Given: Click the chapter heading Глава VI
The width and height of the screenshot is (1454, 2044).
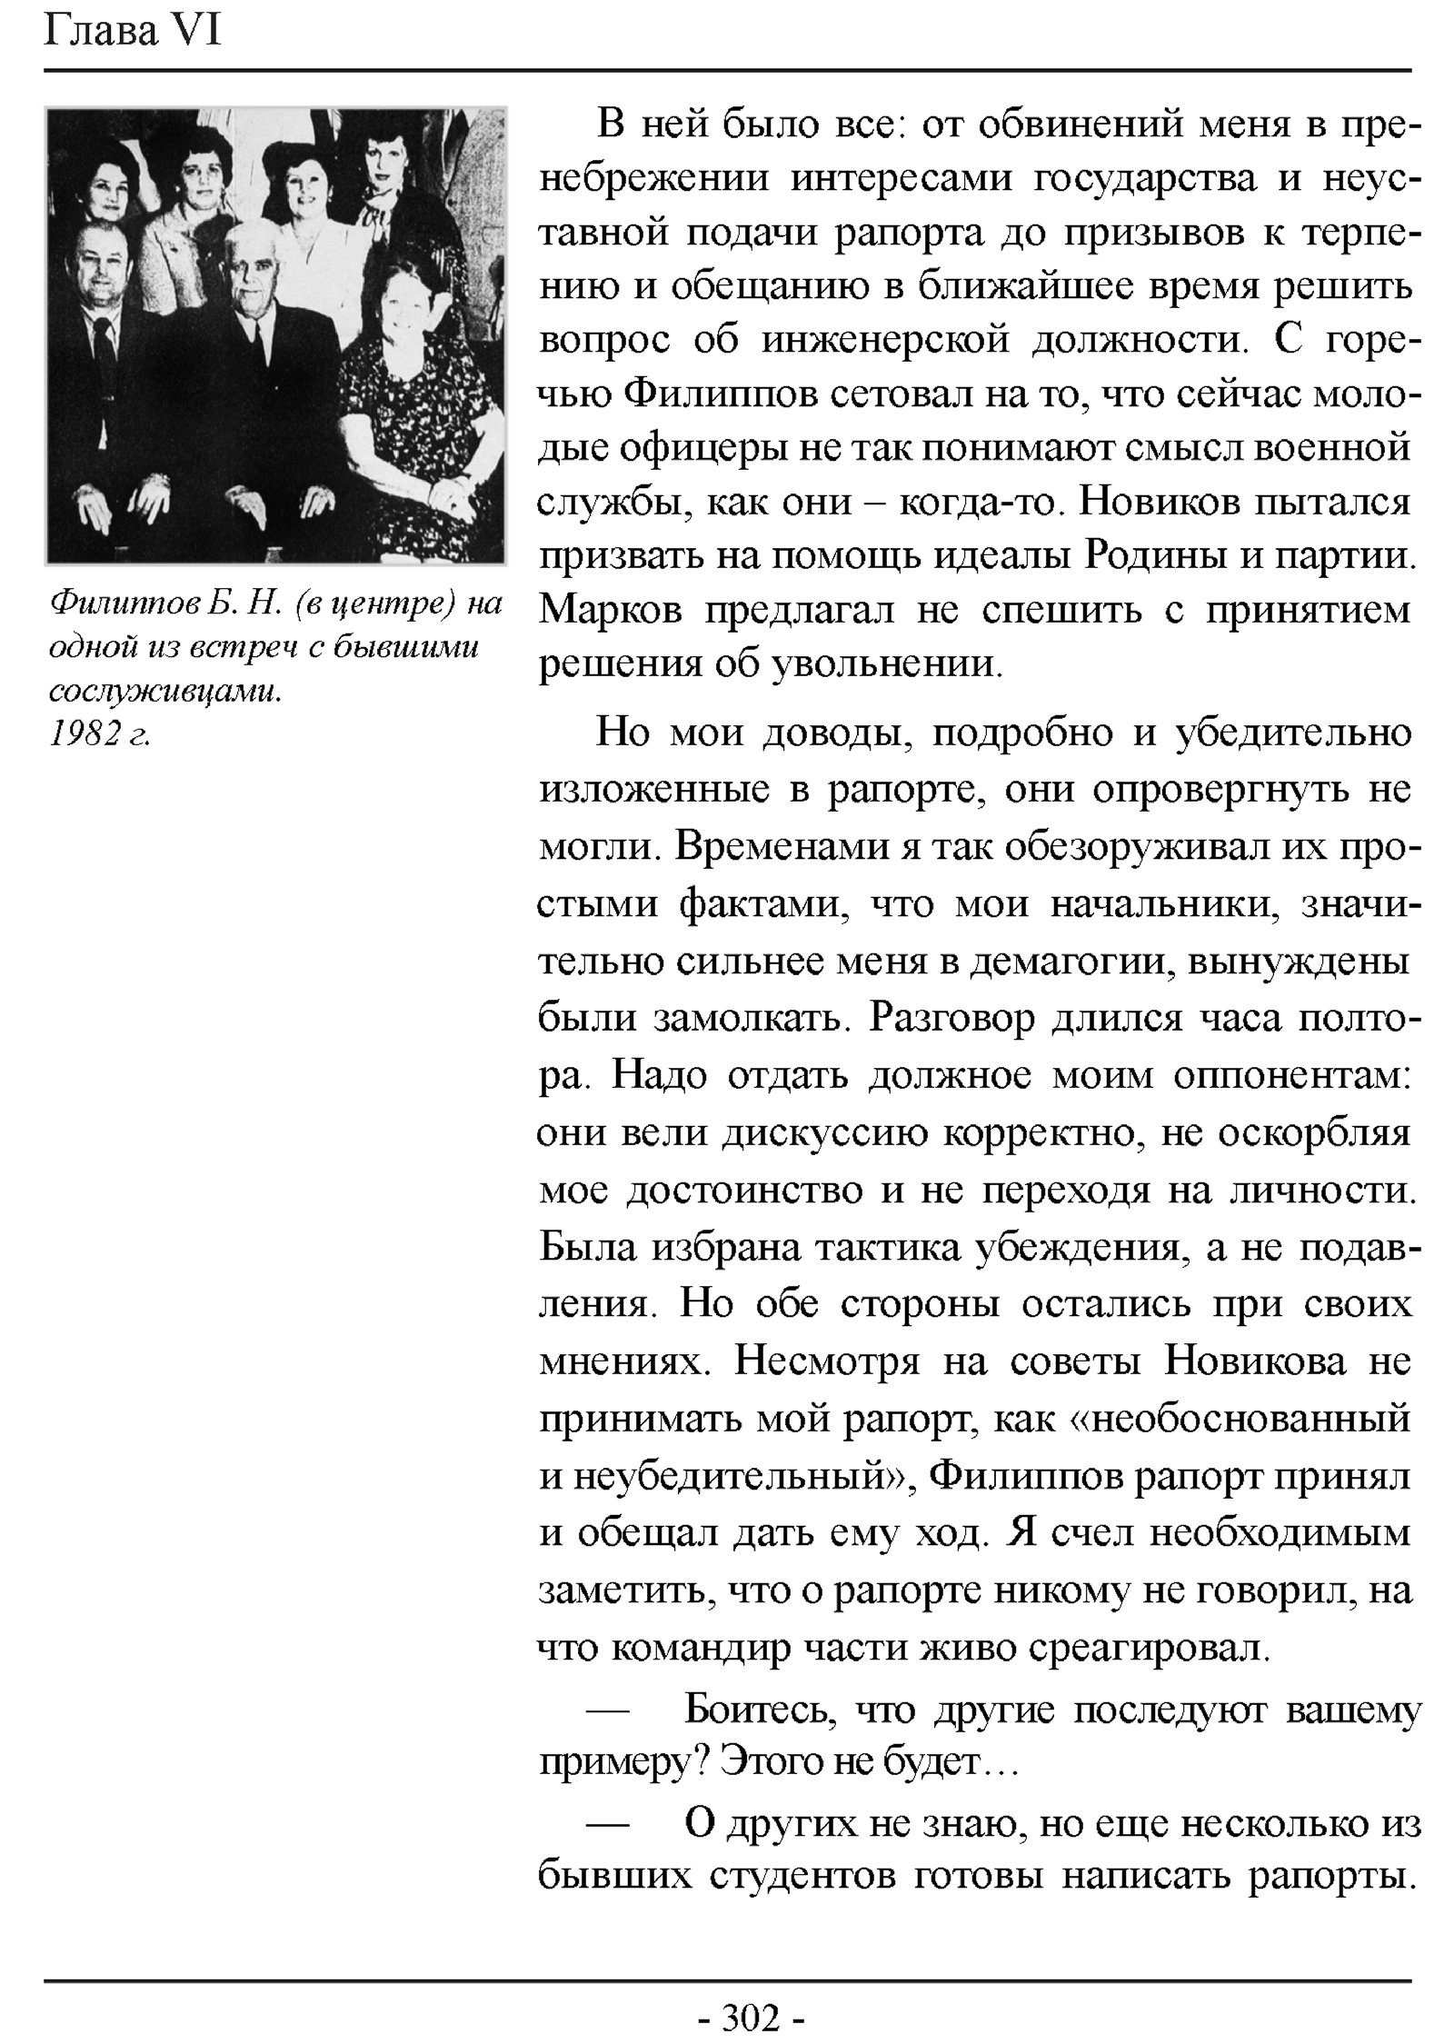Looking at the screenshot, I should point(133,33).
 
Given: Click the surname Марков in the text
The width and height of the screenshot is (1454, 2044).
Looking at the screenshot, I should point(610,611).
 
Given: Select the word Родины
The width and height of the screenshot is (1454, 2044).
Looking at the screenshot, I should point(1154,555).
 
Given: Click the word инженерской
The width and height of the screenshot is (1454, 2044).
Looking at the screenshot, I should point(886,340).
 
